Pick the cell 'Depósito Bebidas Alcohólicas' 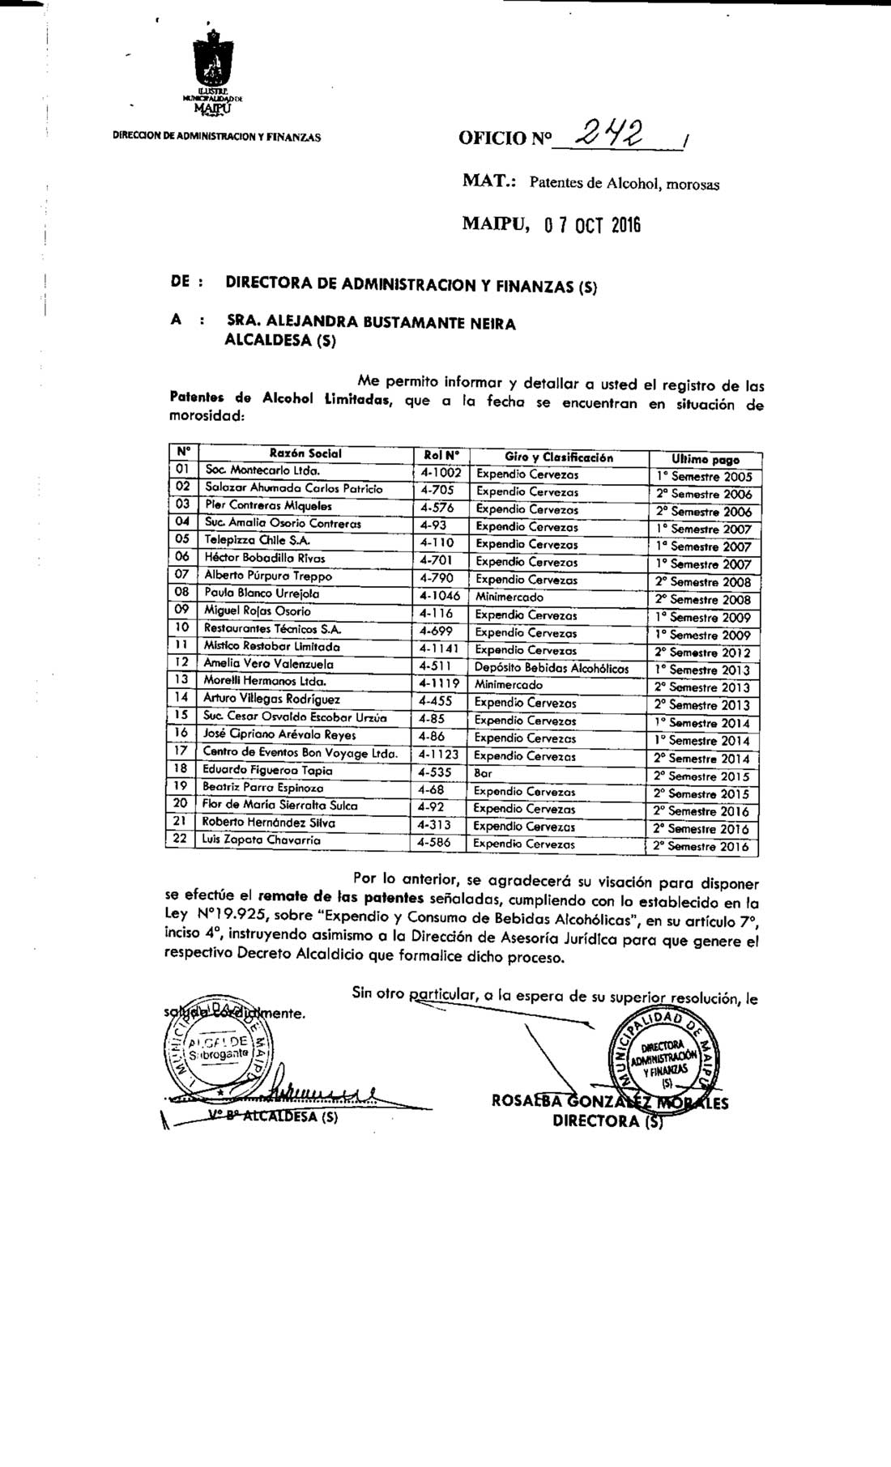coord(552,668)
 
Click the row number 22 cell coord(181,840)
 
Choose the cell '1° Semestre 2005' coord(704,477)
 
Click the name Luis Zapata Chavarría coord(262,841)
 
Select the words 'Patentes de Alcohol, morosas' coord(624,184)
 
